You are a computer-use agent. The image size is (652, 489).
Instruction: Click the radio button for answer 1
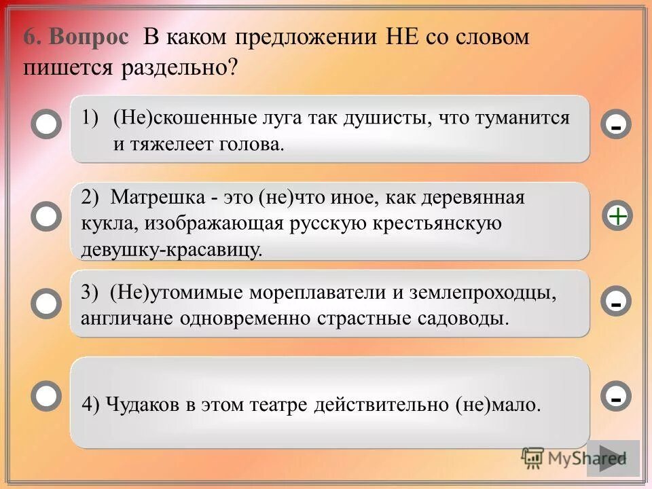(46, 125)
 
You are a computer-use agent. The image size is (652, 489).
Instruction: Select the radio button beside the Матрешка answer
(46, 216)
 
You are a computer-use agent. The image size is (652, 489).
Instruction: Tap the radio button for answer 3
(46, 304)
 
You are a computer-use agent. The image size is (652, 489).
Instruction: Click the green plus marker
(617, 216)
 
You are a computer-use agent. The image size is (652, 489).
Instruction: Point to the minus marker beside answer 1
(616, 125)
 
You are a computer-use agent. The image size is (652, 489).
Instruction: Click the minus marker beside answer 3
(616, 302)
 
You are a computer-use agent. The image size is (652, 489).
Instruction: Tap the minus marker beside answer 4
(616, 396)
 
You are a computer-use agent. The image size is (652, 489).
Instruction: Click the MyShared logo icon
(532, 457)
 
